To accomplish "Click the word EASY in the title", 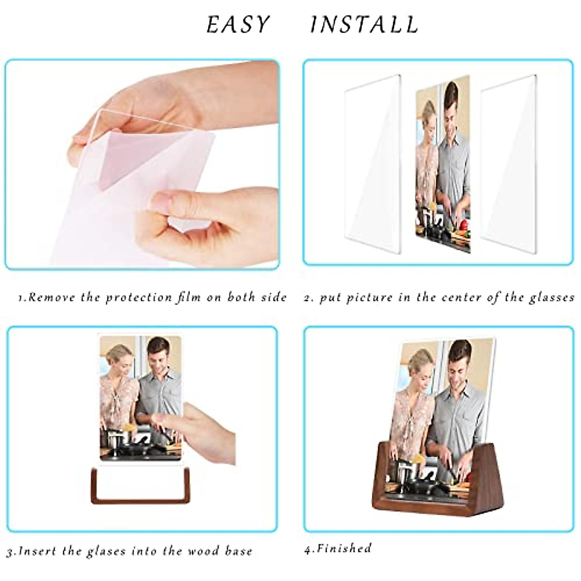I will click(238, 25).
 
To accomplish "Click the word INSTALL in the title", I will click(364, 25).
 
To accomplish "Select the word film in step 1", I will click(189, 297).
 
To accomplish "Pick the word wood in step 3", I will click(204, 551).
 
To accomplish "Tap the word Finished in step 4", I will click(344, 549).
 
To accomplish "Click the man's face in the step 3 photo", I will click(158, 355).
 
